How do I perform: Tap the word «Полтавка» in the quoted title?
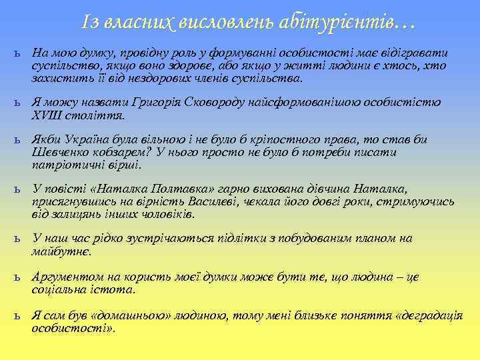coord(165,189)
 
